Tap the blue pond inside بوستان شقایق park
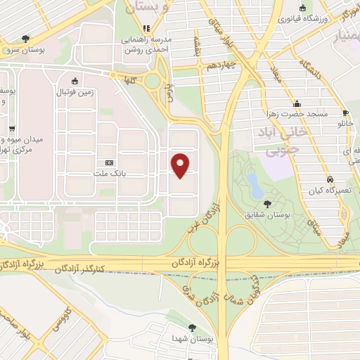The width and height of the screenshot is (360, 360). pos(254,184)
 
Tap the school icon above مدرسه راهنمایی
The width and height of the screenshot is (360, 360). pos(146,29)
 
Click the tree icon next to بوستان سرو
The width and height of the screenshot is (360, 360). pos(26,38)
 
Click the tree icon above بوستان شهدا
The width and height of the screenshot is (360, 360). pos(193,327)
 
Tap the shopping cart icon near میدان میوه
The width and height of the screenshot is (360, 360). pos(13,129)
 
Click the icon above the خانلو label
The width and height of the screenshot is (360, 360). pos(345,112)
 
